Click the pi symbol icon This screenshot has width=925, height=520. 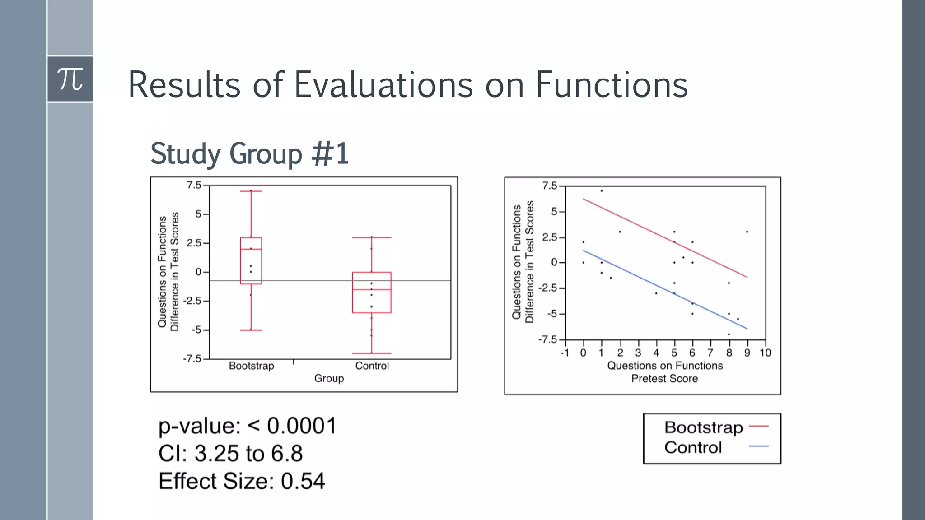click(70, 79)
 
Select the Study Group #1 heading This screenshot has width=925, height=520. click(249, 154)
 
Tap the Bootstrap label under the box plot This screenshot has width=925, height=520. click(251, 366)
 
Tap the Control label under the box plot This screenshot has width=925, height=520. click(372, 366)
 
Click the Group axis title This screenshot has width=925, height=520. click(329, 378)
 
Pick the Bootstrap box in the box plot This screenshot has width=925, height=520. click(251, 260)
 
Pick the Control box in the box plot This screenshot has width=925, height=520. click(372, 292)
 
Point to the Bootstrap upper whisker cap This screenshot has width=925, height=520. click(251, 191)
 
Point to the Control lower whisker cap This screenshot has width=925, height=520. click(372, 353)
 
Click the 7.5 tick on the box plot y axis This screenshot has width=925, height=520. click(194, 185)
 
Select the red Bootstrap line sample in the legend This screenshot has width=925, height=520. click(759, 426)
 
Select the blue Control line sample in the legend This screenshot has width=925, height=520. click(759, 446)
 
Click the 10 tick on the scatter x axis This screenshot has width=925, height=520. click(765, 353)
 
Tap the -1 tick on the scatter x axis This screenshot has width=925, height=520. click(564, 353)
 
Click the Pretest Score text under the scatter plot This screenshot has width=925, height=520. click(664, 379)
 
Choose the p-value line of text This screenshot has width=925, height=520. click(247, 426)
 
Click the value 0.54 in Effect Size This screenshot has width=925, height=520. click(303, 481)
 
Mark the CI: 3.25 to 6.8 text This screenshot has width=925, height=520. click(230, 453)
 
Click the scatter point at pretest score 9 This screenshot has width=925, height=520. click(747, 232)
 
